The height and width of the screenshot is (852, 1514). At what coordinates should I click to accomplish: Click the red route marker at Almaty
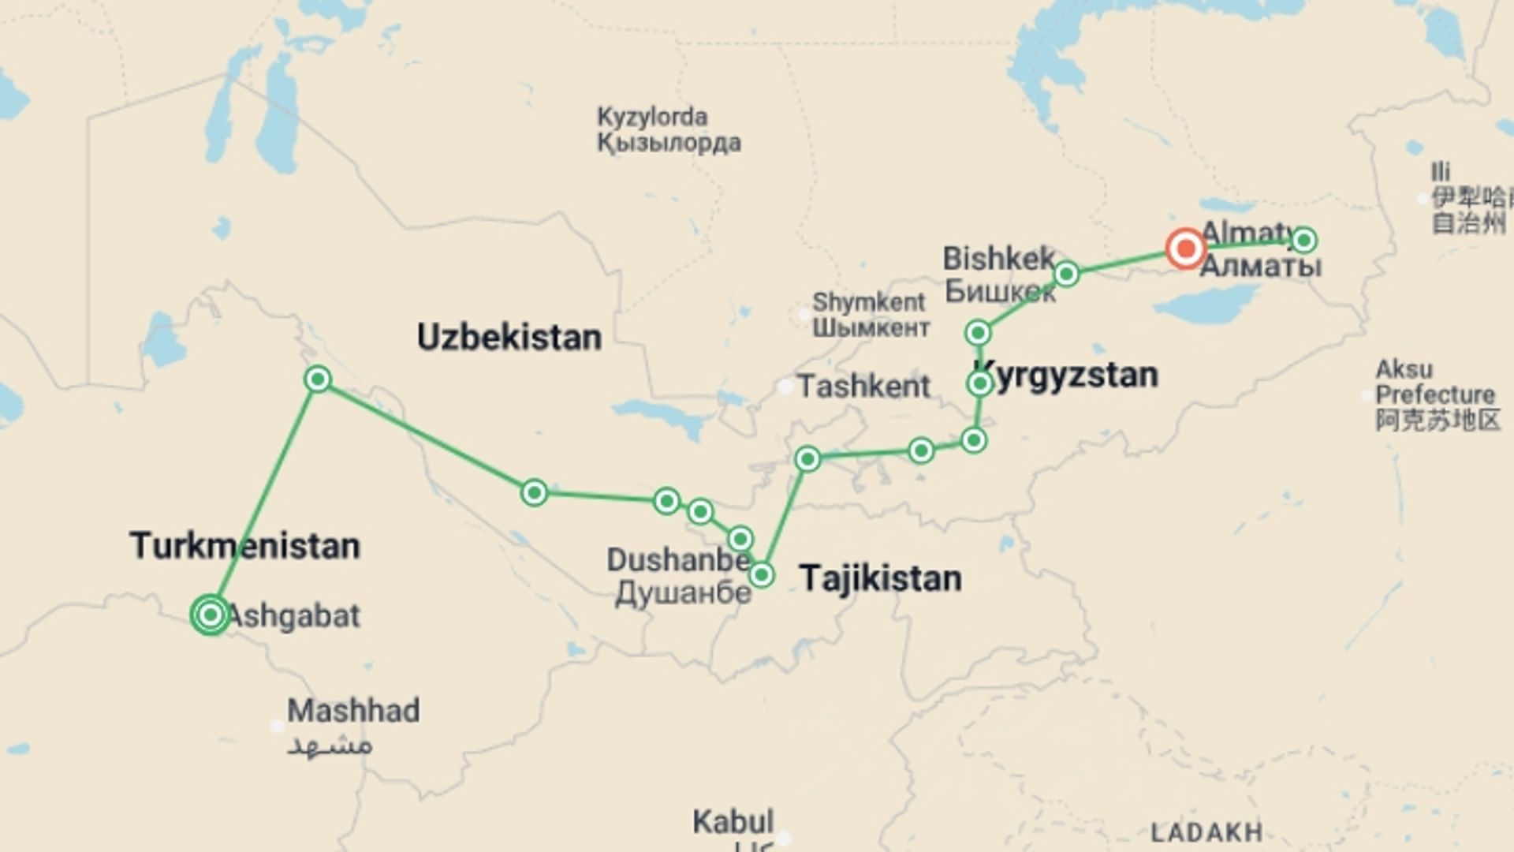pos(1185,249)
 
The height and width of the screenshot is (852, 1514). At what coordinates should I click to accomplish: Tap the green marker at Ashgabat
pos(211,615)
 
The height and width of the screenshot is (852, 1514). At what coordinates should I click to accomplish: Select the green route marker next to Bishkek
pos(1066,274)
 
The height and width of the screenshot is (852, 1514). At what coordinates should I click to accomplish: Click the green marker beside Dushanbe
pos(761,575)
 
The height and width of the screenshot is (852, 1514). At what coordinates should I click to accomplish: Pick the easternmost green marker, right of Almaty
pos(1303,240)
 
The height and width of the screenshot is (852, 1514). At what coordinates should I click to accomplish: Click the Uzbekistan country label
pos(509,338)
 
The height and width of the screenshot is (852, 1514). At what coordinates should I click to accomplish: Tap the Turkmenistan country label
pos(244,546)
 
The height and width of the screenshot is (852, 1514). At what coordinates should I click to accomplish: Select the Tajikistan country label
pos(880,578)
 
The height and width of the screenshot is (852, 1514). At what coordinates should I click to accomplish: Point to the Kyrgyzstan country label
pos(1066,376)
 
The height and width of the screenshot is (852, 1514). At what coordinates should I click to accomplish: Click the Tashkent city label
pos(863,387)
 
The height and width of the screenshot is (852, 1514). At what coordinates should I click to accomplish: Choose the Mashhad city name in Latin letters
pos(353,711)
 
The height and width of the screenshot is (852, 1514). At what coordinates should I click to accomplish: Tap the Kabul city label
pos(733,822)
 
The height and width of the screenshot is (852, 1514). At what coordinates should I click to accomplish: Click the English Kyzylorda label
pos(652,117)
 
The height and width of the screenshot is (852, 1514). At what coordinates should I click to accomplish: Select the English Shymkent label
pos(868,302)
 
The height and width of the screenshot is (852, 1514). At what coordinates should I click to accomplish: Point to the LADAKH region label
pos(1206,832)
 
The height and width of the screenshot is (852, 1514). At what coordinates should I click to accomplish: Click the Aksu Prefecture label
pos(1434,383)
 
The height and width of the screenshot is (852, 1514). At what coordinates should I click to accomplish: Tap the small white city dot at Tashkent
pos(785,387)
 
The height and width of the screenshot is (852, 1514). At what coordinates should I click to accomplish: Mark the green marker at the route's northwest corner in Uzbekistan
pos(317,379)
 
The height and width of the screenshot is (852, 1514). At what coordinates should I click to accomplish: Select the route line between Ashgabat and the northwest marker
pos(264,497)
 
